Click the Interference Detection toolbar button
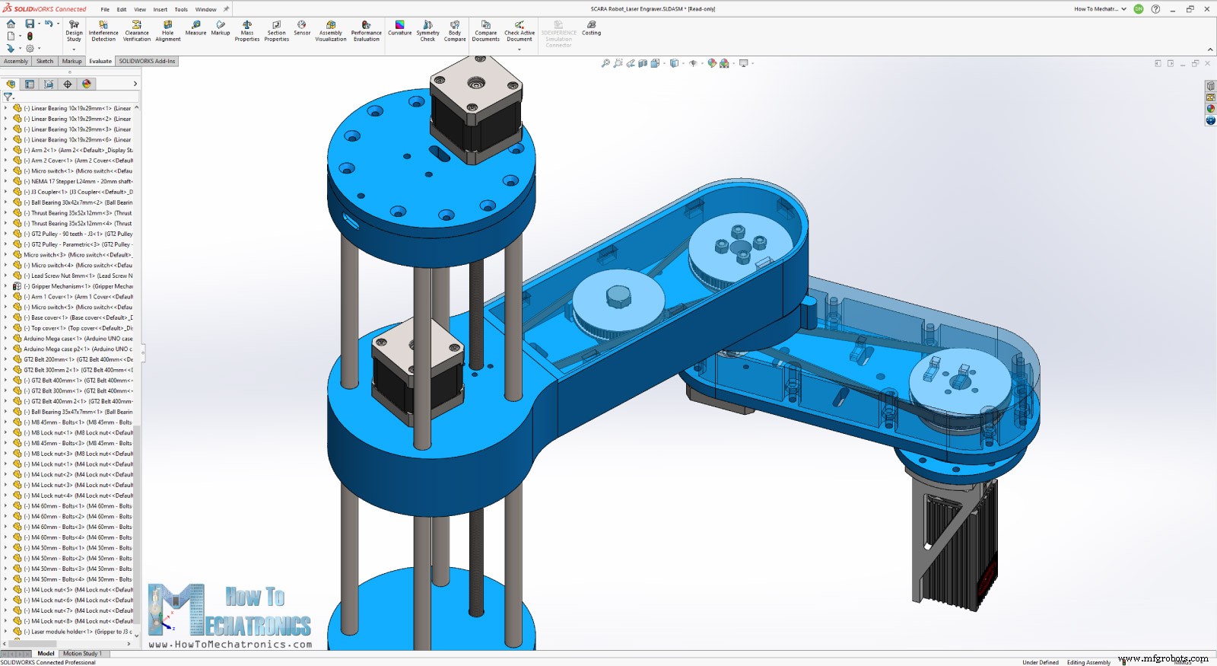[103, 30]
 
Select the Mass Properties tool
[247, 30]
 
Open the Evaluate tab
[100, 61]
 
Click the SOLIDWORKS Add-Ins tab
[147, 61]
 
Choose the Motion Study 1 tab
[81, 653]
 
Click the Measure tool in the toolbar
[195, 28]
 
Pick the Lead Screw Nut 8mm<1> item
[72, 276]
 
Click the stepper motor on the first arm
[418, 373]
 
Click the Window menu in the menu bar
[205, 9]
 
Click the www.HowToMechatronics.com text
[230, 645]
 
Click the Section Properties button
[277, 30]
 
